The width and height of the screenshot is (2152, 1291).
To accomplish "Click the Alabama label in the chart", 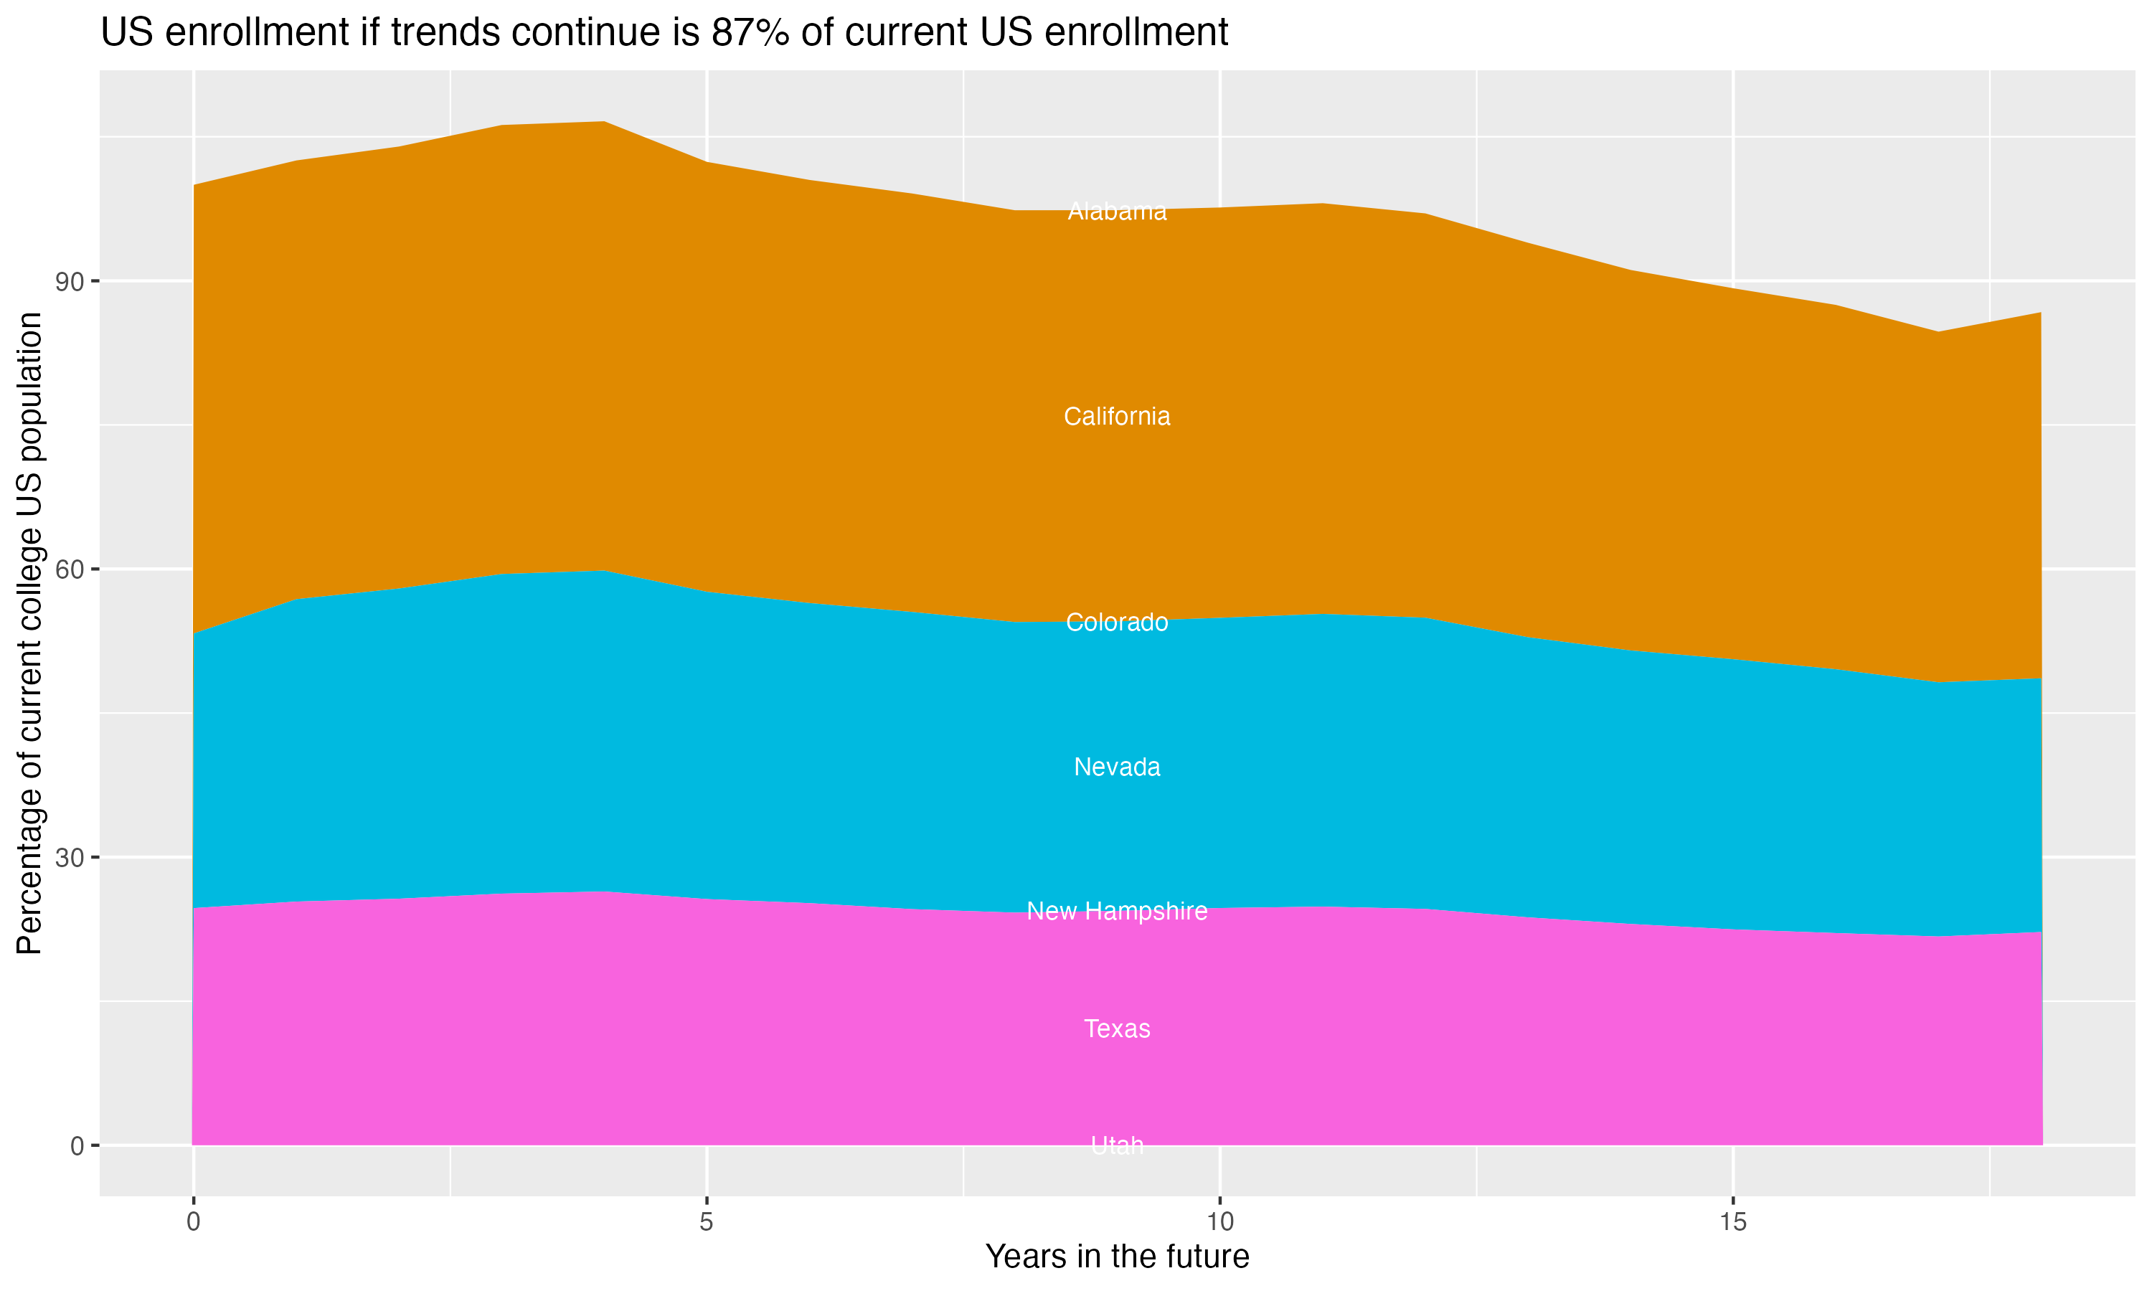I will tap(1117, 212).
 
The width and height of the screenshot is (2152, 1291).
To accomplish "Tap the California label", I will tap(1117, 417).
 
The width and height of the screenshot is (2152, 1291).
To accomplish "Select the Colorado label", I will tap(1117, 622).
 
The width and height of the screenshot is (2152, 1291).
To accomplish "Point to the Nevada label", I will tap(1117, 767).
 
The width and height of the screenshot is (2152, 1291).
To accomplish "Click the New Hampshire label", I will tap(1117, 911).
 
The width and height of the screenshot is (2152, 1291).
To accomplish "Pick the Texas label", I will tap(1117, 1028).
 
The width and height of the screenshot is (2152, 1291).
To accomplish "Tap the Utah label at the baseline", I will tap(1117, 1145).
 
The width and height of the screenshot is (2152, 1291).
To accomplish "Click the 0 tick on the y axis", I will tap(77, 1145).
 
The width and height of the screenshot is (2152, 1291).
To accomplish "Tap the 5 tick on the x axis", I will tap(707, 1222).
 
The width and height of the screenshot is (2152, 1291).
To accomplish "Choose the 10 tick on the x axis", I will tap(1219, 1222).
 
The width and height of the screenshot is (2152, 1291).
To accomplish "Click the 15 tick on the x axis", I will tap(1733, 1222).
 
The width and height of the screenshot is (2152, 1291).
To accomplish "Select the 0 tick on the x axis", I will tap(193, 1222).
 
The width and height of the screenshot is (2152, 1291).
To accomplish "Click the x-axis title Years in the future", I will tap(1117, 1256).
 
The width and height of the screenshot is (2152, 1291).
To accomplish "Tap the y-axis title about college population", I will tap(29, 633).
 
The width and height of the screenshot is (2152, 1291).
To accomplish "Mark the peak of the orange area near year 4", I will tap(605, 123).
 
